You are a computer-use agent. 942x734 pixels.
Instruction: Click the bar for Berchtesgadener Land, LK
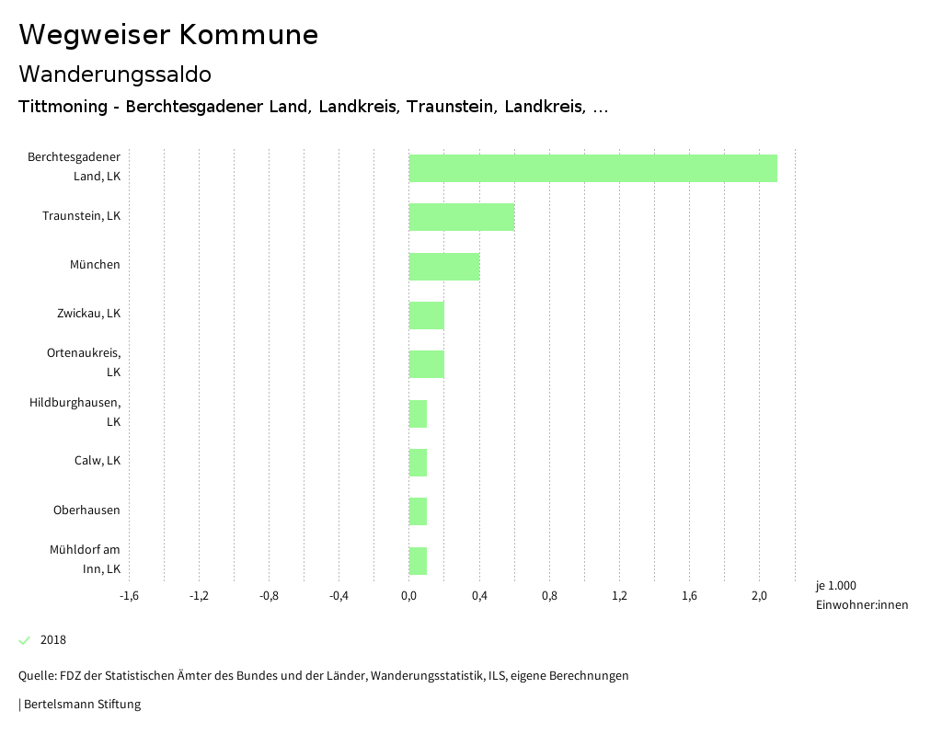coord(593,168)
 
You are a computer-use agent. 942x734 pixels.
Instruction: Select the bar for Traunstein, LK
coord(462,217)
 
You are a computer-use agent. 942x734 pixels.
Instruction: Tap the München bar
coord(444,267)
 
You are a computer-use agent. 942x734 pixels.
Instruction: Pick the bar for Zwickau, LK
coord(427,315)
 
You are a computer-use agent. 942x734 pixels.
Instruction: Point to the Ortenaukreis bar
coord(427,364)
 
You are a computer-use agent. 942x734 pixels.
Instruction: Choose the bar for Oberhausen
coord(419,511)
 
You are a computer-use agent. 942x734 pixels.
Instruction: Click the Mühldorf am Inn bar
coord(419,560)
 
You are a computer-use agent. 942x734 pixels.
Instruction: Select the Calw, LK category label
coord(98,461)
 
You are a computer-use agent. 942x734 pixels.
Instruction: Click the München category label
coord(95,265)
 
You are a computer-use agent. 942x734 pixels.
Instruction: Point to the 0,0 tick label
coord(409,596)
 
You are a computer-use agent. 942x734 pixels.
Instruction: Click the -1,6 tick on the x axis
coord(130,596)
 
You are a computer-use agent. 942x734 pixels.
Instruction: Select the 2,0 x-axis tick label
coord(760,596)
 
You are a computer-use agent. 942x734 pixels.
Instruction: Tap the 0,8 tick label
coord(549,596)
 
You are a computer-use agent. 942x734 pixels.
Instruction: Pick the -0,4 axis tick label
coord(339,596)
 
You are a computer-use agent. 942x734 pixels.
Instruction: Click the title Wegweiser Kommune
coord(168,35)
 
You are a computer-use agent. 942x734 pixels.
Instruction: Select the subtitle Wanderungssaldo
coord(115,74)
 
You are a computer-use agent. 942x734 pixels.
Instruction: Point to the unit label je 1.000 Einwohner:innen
coord(861,595)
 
